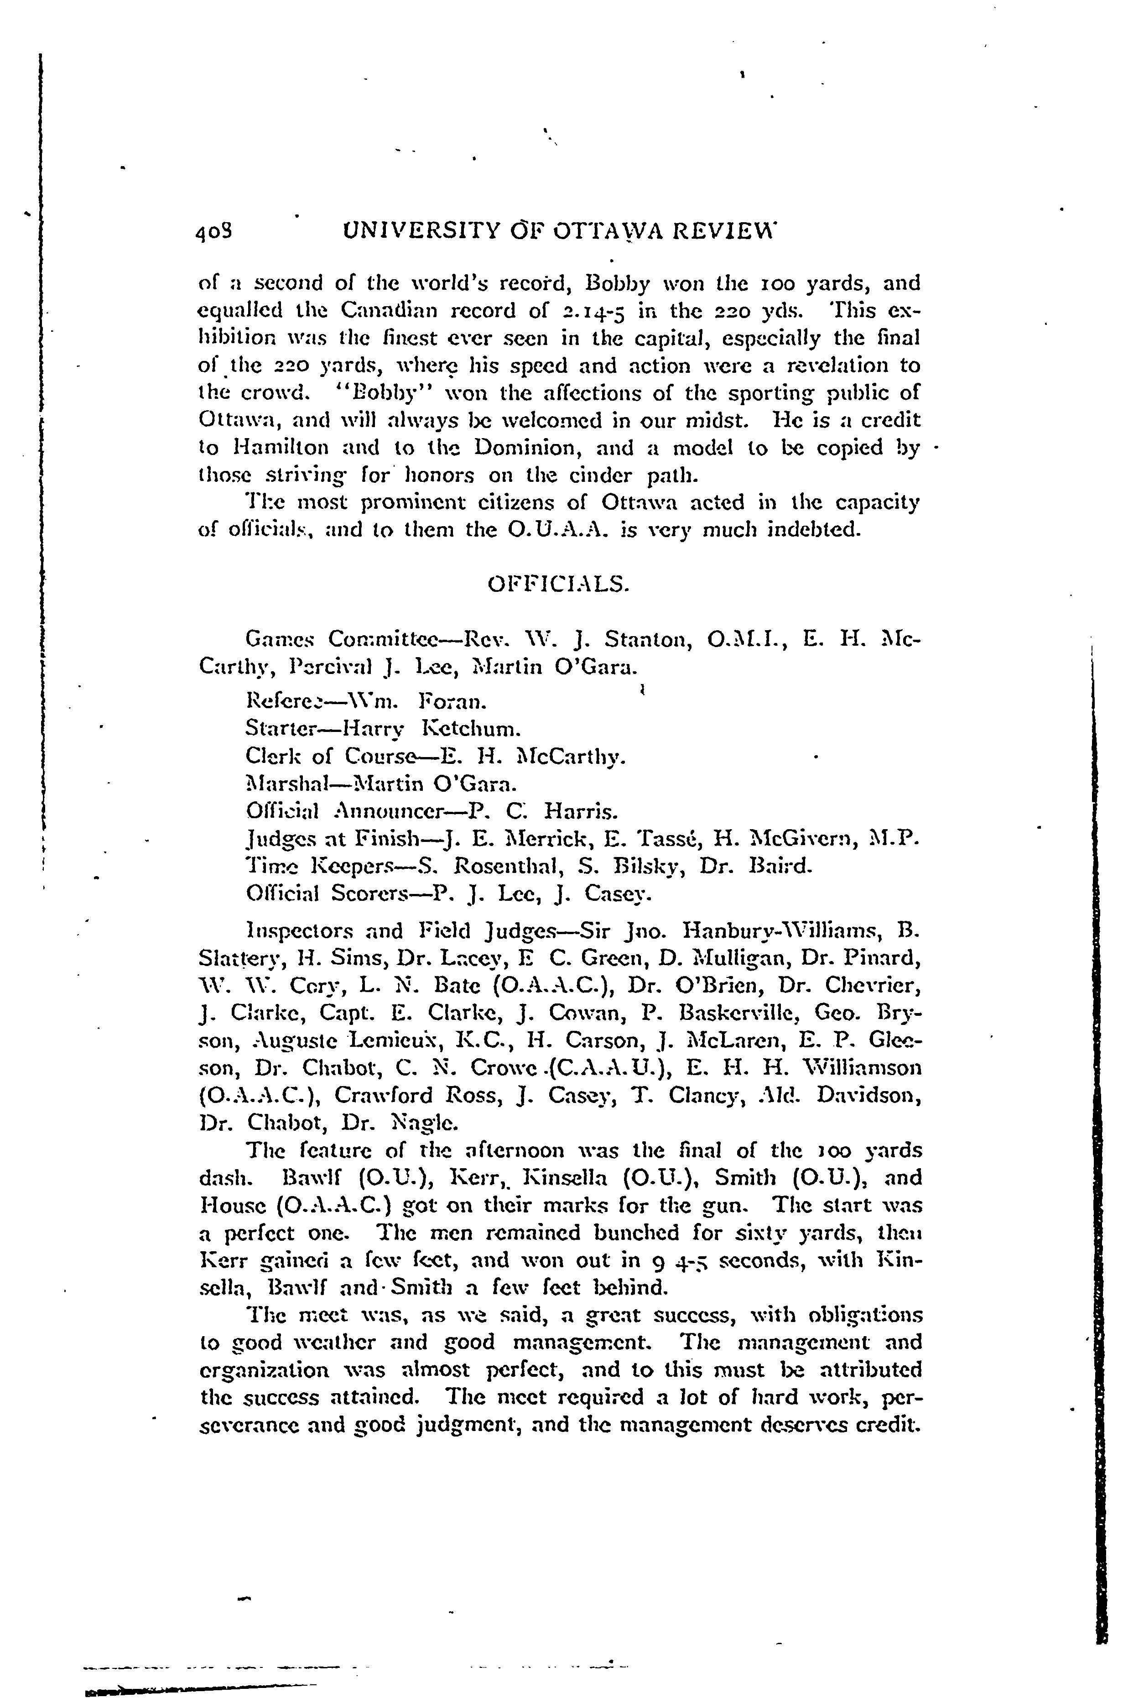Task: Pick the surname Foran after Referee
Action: click(452, 702)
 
